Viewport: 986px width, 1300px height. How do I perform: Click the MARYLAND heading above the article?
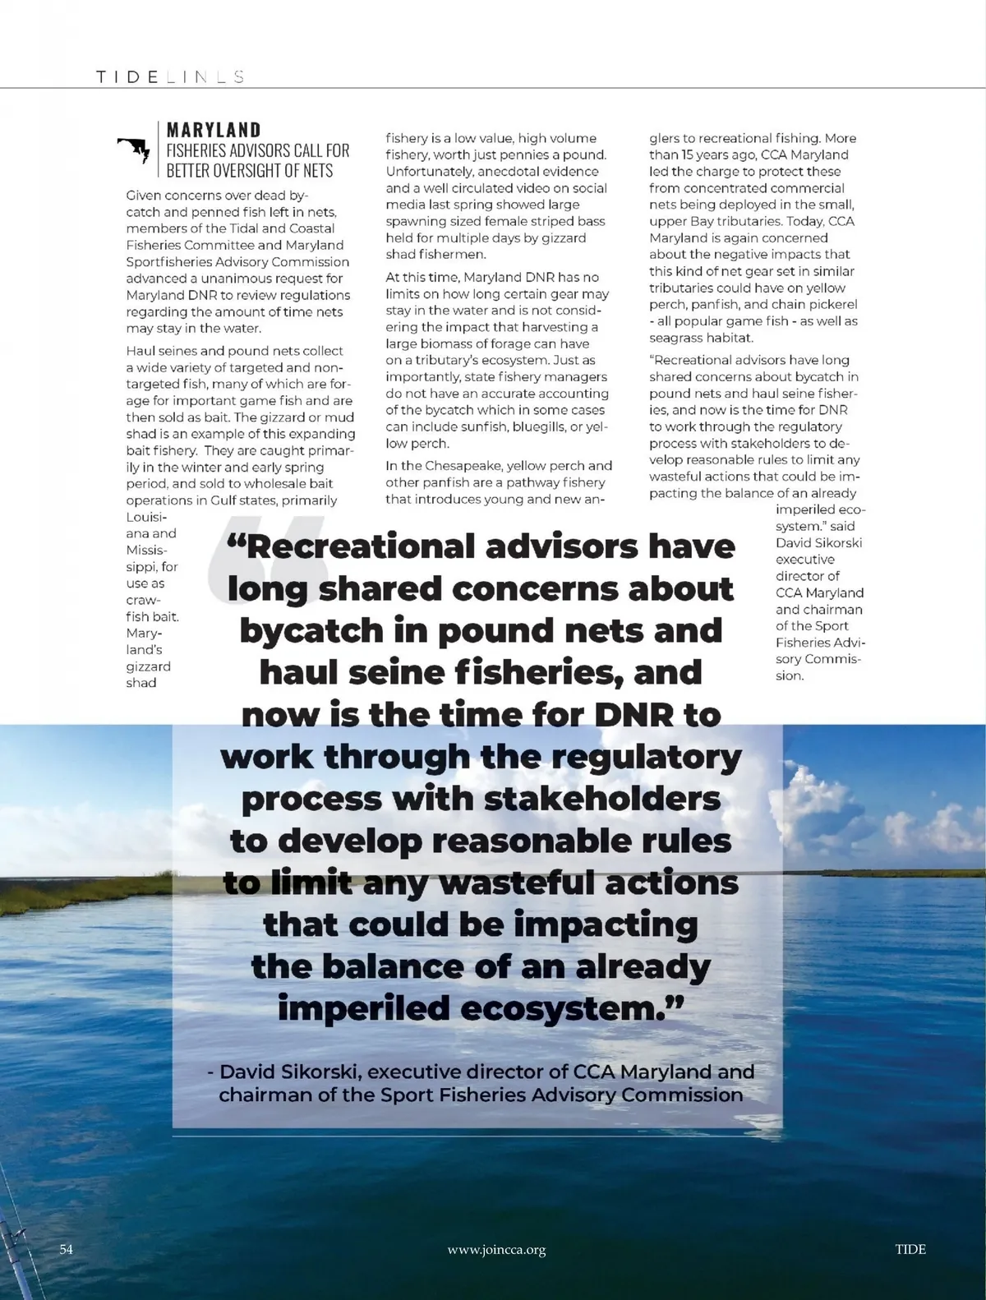pos(214,130)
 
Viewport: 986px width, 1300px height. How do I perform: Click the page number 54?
pos(67,1249)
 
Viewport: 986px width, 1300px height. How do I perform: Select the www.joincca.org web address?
pos(496,1250)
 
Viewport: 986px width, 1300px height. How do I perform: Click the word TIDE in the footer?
pos(910,1249)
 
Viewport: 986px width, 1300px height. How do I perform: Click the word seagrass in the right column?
pos(675,338)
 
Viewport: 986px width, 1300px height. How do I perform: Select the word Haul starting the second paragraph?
pos(141,351)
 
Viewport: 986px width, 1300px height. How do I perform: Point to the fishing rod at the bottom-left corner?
pos(12,1233)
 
